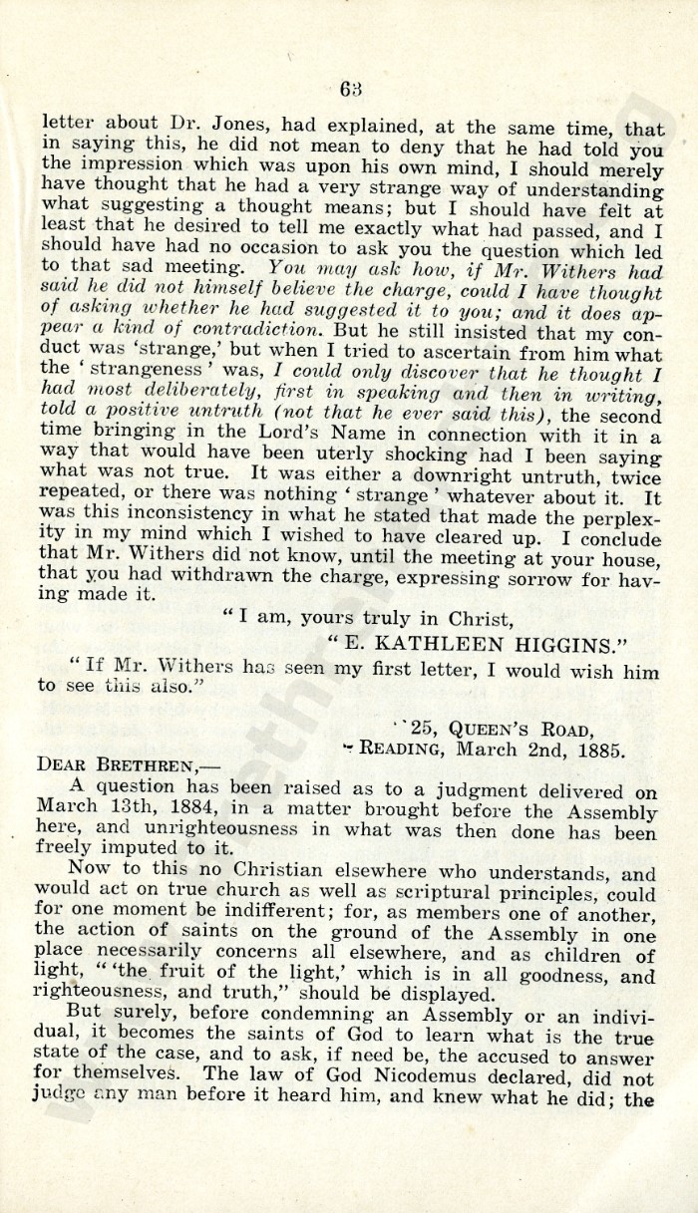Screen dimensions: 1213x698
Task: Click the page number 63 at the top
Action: point(349,89)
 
